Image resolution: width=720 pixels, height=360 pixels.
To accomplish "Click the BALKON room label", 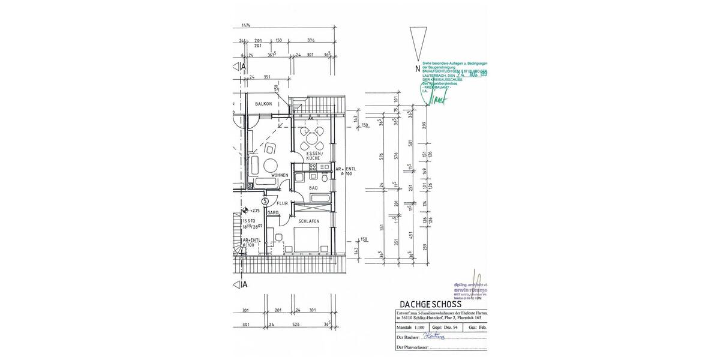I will click(263, 104).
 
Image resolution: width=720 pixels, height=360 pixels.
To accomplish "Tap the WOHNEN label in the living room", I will click(279, 175).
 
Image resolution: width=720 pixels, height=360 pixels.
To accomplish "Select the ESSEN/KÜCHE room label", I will click(314, 157).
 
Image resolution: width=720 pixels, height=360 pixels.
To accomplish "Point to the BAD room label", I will click(313, 188).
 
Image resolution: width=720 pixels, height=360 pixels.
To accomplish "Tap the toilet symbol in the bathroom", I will click(323, 178).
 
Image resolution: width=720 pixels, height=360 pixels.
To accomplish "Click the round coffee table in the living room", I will click(271, 165).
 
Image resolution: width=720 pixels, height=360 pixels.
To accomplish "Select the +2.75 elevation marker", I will click(251, 211).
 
